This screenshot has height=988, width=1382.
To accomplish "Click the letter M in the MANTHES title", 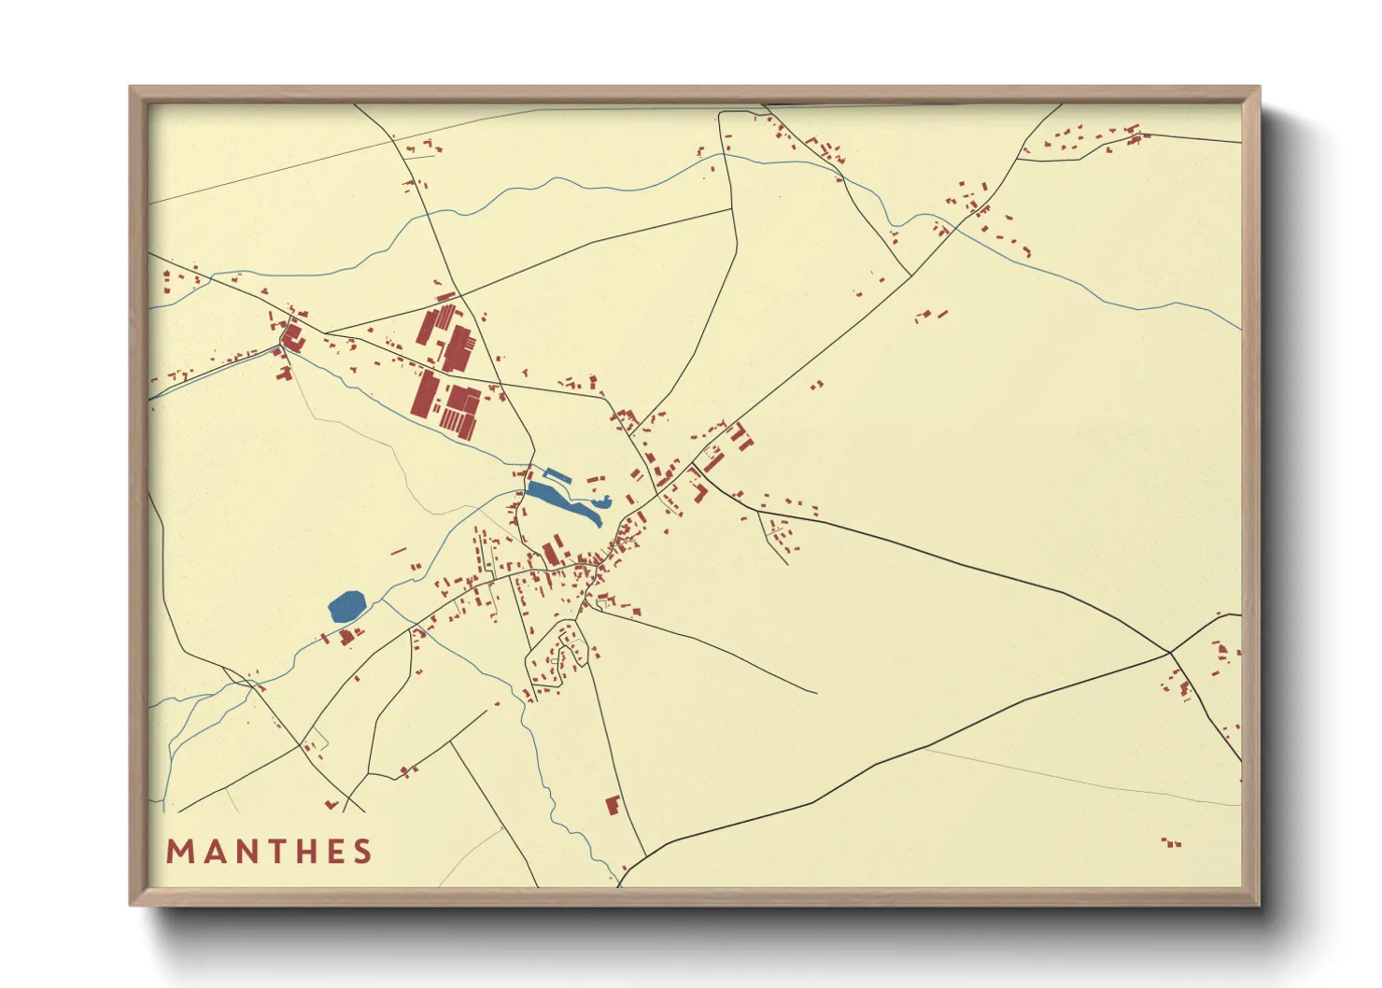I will tap(179, 852).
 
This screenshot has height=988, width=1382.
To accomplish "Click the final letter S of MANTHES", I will tap(361, 852).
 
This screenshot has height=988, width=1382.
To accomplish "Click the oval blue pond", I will tap(346, 607).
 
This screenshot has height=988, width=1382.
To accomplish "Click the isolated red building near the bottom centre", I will tap(613, 805).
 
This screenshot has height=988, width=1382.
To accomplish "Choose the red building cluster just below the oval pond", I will tap(348, 637).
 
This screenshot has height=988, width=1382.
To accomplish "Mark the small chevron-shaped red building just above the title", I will tap(331, 804).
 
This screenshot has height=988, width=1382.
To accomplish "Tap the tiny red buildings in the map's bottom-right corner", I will tap(1172, 843).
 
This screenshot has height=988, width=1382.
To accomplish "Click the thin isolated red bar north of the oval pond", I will tap(399, 551).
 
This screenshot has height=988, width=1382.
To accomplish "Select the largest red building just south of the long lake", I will tap(551, 551).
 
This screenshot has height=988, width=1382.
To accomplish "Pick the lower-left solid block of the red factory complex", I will tap(425, 394).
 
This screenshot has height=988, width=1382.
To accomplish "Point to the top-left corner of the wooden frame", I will tap(131, 88).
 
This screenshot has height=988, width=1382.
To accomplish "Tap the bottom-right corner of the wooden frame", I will tap(1259, 904).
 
